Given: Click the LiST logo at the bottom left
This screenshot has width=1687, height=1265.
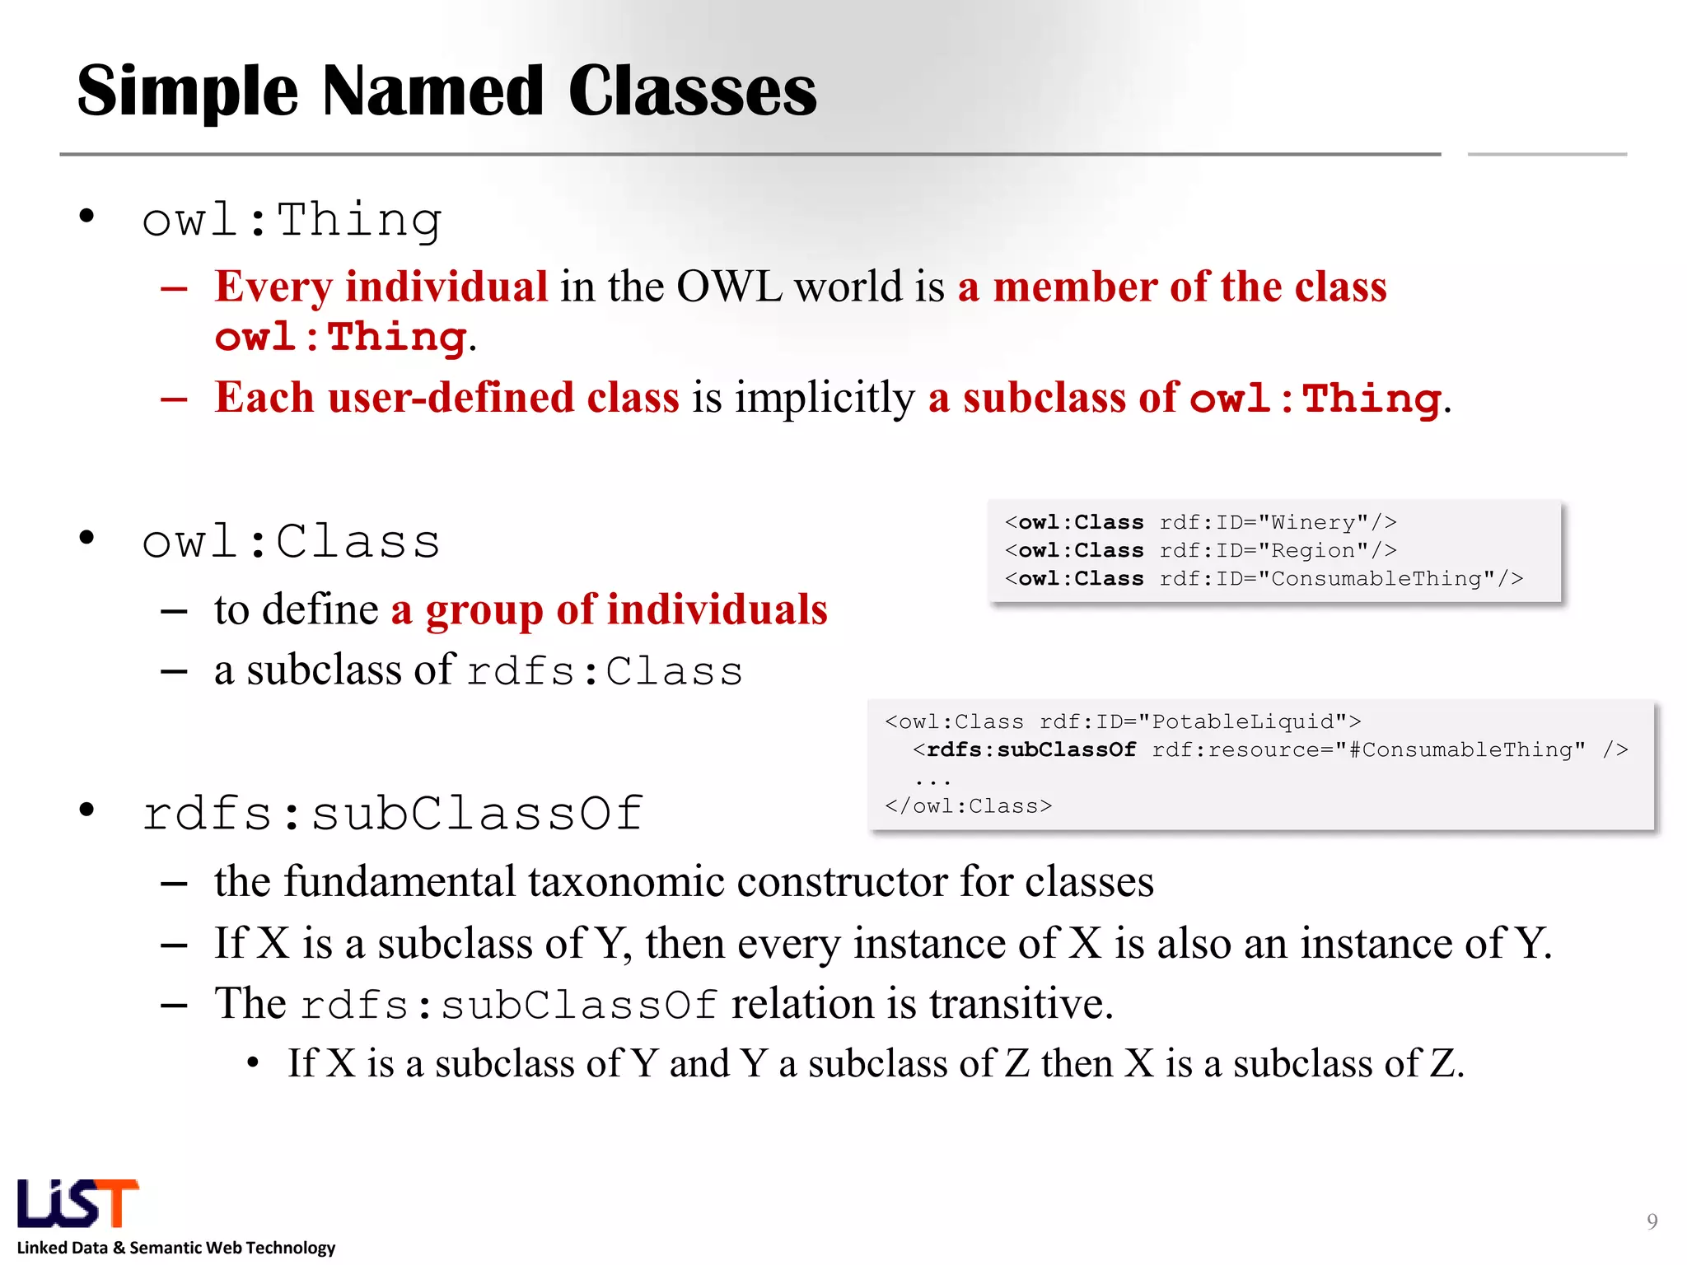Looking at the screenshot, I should [x=77, y=1203].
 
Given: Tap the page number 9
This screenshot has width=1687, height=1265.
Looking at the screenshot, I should [x=1652, y=1221].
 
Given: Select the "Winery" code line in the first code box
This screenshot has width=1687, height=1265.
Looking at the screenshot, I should [x=1200, y=522].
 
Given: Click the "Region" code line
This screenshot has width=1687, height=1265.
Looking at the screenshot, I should [x=1200, y=550].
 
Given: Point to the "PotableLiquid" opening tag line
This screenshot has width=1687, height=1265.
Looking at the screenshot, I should [x=1123, y=721].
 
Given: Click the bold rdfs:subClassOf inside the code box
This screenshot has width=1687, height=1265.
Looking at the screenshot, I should [x=1031, y=749].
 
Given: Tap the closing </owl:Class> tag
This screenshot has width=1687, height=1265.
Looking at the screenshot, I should [x=968, y=805].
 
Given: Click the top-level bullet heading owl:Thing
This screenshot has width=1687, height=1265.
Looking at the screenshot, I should [x=292, y=220].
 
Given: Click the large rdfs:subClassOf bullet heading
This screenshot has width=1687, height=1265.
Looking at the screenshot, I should [x=392, y=813].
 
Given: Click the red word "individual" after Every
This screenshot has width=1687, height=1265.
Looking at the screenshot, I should [x=446, y=287].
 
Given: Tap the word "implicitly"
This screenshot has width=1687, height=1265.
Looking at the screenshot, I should [x=825, y=398].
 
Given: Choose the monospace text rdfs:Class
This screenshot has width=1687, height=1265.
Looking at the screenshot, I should [x=605, y=670].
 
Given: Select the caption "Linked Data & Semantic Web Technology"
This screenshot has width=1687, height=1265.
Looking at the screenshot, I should [x=176, y=1248].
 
